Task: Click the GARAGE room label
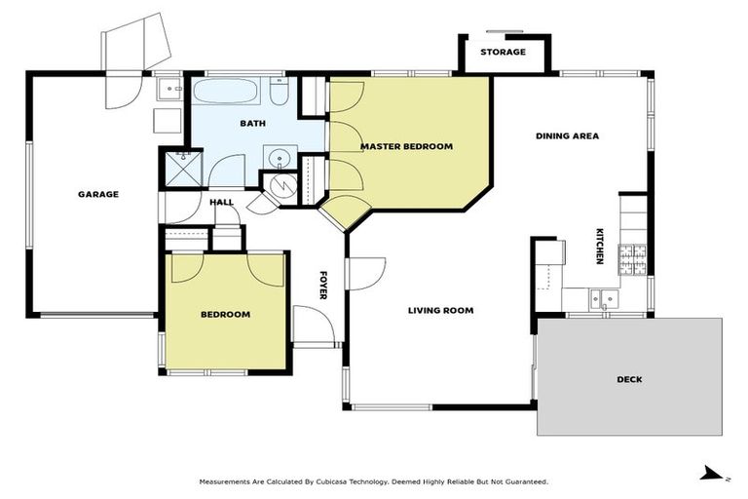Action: click(98, 194)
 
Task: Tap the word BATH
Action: click(253, 124)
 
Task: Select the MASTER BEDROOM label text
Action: click(406, 146)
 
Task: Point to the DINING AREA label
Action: click(567, 135)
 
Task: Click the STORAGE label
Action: click(504, 52)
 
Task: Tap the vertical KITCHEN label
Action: click(600, 247)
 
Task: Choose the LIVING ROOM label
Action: click(440, 310)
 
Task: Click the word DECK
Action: click(629, 379)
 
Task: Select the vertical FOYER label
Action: click(324, 284)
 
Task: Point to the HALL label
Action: click(222, 202)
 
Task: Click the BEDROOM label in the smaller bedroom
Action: click(226, 314)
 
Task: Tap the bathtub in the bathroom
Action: click(226, 94)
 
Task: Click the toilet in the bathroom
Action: click(278, 94)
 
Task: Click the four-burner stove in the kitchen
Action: click(635, 257)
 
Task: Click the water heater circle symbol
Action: click(276, 184)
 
